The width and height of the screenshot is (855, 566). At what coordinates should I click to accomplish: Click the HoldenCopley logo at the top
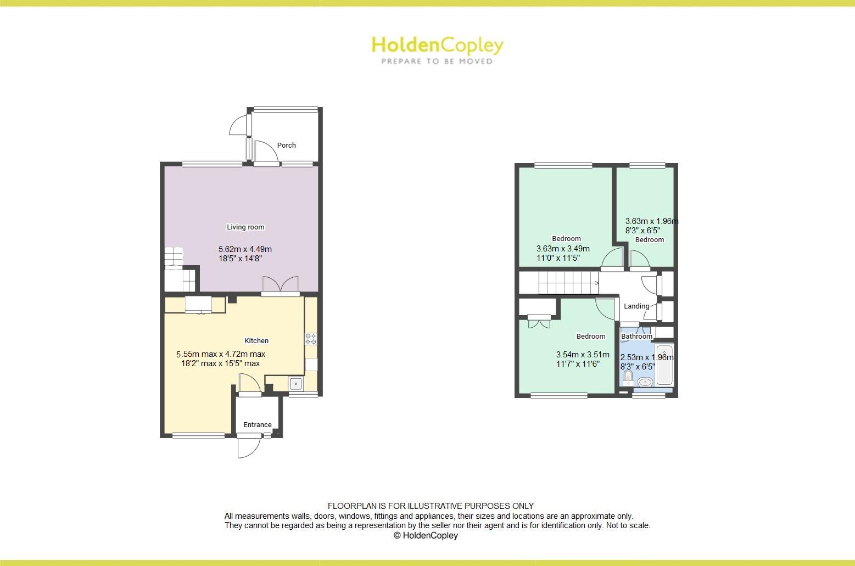point(437,45)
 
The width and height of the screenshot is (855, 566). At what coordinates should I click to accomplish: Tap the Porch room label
point(286,145)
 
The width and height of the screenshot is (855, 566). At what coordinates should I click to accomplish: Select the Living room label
point(245,227)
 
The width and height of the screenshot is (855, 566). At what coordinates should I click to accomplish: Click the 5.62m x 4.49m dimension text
point(245,249)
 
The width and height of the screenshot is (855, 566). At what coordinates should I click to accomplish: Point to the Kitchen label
point(256,341)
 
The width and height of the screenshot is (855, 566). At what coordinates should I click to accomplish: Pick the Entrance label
point(258,425)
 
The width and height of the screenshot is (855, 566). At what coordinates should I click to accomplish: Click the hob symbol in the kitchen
point(311,339)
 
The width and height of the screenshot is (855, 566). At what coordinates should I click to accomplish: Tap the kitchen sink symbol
point(295,384)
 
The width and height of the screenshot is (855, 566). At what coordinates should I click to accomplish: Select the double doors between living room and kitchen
point(281,285)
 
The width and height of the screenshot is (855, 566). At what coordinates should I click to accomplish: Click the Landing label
point(636,306)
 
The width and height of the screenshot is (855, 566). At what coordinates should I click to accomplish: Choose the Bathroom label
point(636,337)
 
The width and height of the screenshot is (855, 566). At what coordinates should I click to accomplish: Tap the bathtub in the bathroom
point(664,365)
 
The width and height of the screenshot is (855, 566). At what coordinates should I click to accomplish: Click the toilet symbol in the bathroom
point(628,378)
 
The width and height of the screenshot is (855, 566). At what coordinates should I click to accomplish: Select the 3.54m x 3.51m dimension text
point(583,355)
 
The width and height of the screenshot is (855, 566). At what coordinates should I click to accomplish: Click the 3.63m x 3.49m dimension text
point(563,249)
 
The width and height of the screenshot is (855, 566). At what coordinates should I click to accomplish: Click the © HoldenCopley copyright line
point(426,535)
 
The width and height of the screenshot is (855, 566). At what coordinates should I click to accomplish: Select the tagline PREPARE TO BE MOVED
point(437,61)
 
